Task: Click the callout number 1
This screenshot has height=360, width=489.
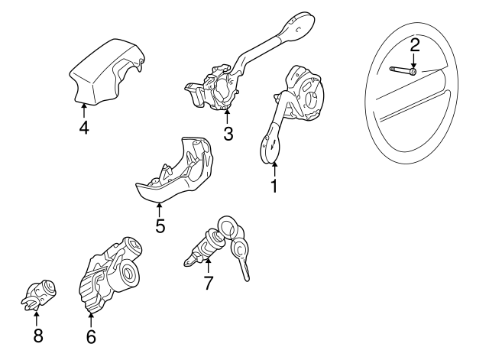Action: [274, 185]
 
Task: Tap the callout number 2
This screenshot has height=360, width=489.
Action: [414, 44]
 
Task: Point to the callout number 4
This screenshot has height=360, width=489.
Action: [84, 127]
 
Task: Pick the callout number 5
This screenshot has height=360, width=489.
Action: [160, 225]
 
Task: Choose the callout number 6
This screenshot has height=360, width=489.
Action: [91, 336]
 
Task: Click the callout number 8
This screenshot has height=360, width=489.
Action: [37, 335]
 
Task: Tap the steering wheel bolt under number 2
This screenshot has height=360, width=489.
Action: [404, 71]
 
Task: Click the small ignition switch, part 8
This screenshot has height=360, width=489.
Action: [38, 294]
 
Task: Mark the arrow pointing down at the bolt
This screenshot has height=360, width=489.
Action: [413, 60]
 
